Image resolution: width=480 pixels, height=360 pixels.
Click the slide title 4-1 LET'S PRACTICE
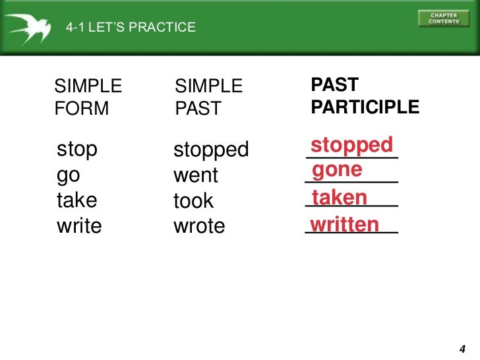click(131, 28)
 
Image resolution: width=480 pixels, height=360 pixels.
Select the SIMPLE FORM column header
click(88, 97)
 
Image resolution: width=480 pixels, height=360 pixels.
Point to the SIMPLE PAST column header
click(208, 97)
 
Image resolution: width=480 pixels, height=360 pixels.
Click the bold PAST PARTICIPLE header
click(365, 96)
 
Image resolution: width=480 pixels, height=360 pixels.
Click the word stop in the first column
click(77, 149)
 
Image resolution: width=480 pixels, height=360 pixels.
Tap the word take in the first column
click(77, 200)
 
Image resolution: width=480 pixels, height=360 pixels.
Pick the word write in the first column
click(80, 226)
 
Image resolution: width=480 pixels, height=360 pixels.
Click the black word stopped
click(211, 150)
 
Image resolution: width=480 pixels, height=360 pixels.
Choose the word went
click(195, 176)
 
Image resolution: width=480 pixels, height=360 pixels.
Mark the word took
click(193, 201)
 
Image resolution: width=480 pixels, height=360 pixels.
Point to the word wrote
click(199, 226)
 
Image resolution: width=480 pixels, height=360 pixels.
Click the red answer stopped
click(351, 145)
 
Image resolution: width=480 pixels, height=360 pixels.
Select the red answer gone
click(338, 170)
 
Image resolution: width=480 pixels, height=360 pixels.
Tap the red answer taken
click(340, 198)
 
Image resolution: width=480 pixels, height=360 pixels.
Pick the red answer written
click(345, 225)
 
